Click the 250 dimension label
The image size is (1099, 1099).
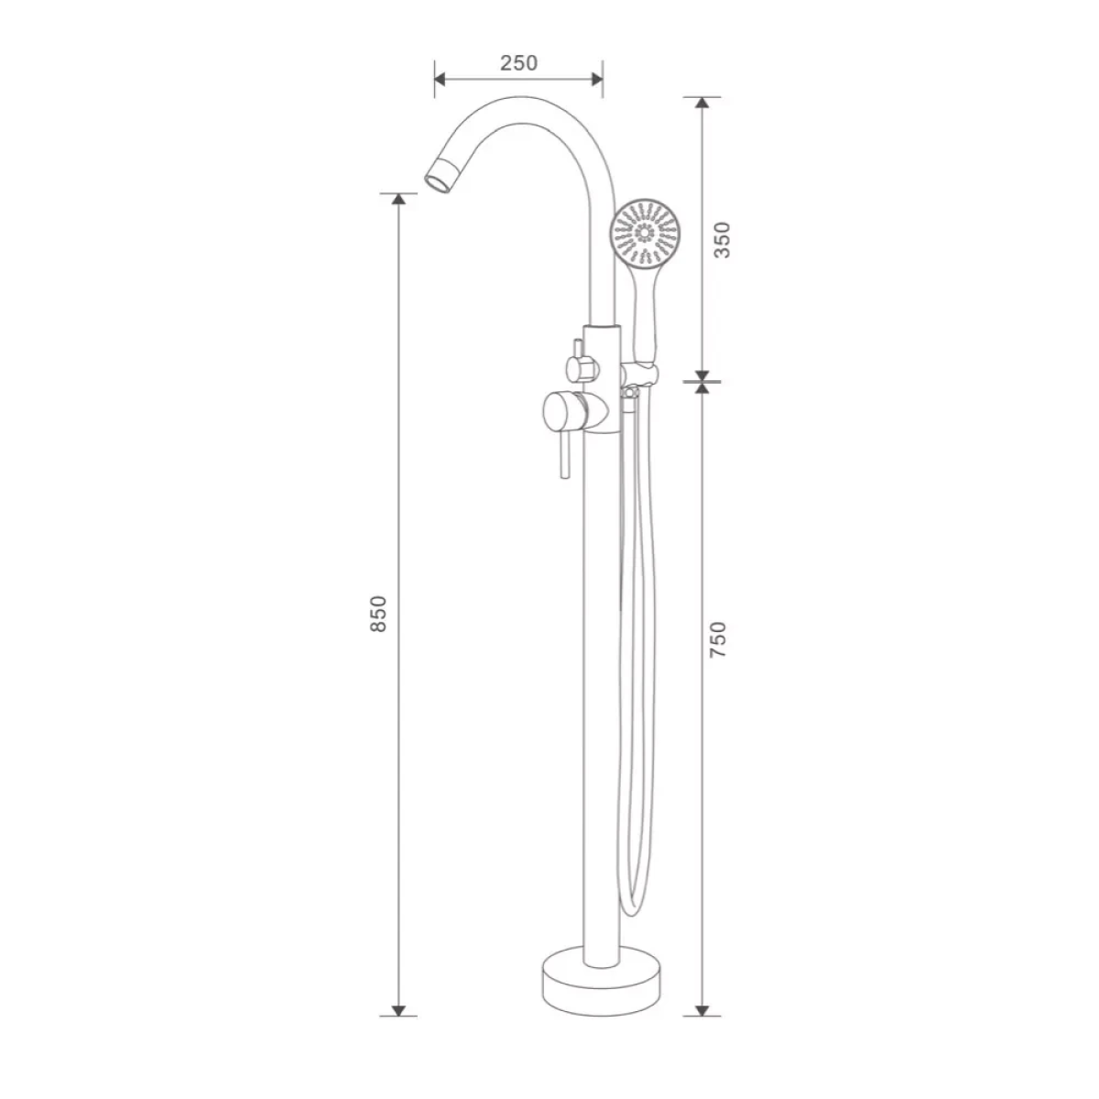519,63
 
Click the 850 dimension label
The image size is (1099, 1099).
378,613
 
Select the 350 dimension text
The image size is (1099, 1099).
722,240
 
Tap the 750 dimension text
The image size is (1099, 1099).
718,639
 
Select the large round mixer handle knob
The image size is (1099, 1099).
560,413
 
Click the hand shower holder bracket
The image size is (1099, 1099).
643,374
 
